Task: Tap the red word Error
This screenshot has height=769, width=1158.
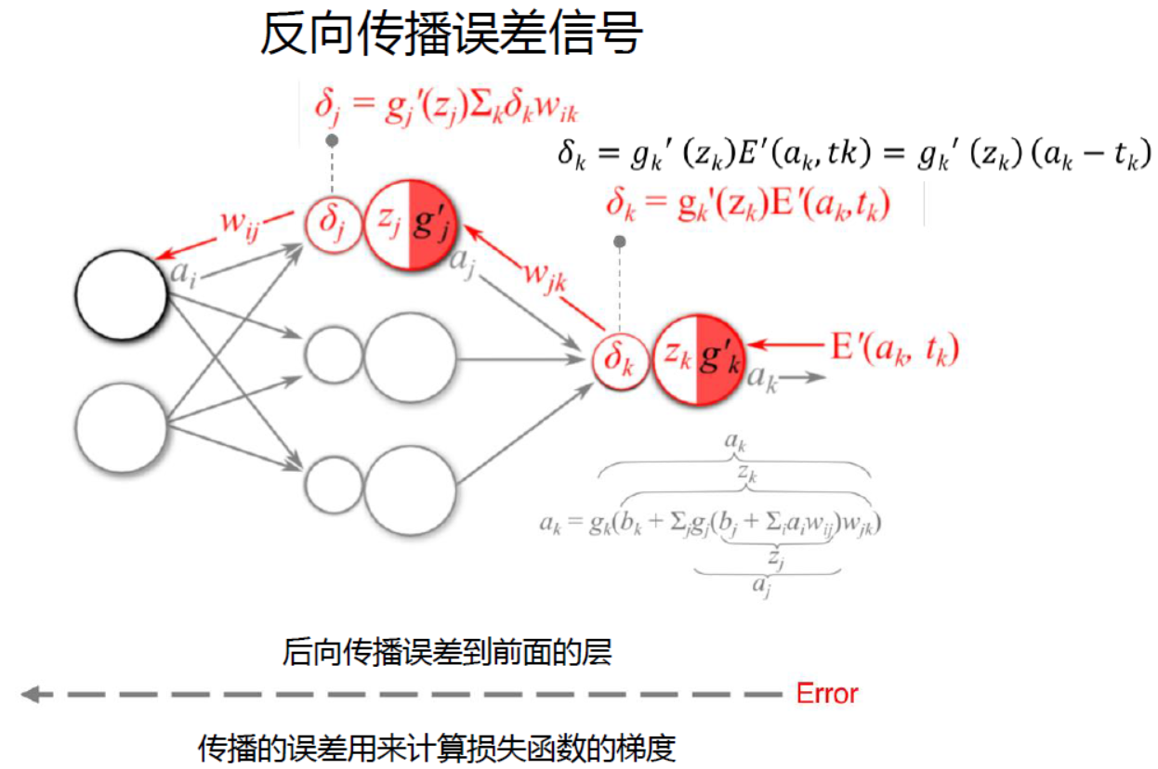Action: [827, 693]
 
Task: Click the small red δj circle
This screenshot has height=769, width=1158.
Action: [333, 224]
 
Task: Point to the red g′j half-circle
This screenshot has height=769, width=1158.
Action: [433, 225]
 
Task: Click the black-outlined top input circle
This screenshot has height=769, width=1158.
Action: [121, 296]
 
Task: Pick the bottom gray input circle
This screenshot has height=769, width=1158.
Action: [121, 427]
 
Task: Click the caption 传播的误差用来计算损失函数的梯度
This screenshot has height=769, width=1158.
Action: [436, 748]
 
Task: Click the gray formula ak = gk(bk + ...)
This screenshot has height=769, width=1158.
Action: [710, 523]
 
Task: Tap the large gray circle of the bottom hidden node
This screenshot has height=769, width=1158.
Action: [410, 489]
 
